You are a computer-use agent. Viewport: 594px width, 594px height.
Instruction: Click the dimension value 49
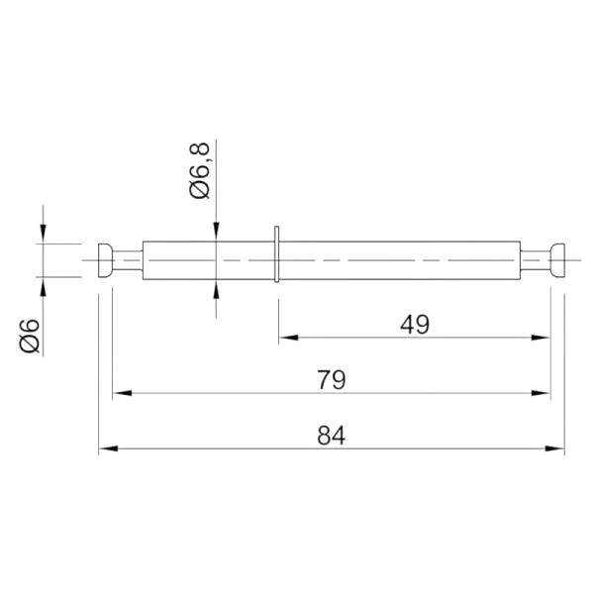click(x=415, y=325)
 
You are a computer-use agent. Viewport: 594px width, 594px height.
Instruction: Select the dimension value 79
click(x=332, y=380)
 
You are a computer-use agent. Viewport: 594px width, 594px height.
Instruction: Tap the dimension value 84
click(x=332, y=436)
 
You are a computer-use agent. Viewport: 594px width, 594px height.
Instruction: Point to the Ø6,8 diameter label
click(x=199, y=170)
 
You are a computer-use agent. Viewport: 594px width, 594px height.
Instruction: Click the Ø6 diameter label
click(x=30, y=336)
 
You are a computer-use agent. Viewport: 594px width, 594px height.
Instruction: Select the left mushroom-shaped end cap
click(x=106, y=260)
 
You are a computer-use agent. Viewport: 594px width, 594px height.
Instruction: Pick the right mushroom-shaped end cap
click(x=557, y=260)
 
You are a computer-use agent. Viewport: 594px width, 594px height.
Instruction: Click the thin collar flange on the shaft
click(x=276, y=254)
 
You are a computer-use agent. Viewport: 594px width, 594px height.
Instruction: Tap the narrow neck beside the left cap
click(x=128, y=260)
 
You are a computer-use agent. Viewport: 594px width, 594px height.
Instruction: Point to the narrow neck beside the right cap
click(x=535, y=260)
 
